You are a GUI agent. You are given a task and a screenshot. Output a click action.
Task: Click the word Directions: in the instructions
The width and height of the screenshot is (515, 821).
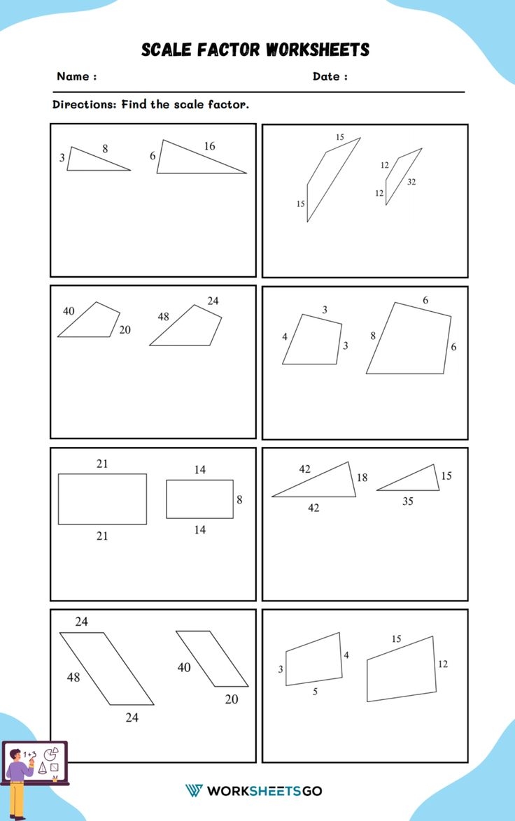pos(84,105)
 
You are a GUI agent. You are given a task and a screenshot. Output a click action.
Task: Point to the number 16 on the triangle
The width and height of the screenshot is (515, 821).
pos(209,146)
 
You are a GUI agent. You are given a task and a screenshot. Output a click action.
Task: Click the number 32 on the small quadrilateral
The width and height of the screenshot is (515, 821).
pos(411,182)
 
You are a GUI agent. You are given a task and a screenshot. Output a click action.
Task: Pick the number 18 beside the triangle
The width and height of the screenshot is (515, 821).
pos(362,478)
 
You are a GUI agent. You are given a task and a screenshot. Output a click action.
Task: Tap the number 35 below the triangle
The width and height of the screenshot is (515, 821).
pos(407,501)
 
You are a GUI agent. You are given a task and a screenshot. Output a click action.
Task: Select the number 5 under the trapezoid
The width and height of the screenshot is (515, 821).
pos(315,692)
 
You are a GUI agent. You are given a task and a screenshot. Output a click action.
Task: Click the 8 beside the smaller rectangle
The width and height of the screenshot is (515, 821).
pos(239,500)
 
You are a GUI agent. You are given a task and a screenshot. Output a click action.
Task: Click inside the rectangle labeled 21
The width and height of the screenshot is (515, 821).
pos(102,499)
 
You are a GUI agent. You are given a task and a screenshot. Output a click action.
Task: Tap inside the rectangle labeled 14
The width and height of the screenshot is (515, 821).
pos(199,499)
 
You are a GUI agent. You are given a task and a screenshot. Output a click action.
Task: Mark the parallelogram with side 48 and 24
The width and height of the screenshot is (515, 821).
pos(106,668)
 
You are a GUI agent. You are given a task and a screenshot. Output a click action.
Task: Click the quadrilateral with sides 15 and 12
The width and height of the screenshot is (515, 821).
pos(402,670)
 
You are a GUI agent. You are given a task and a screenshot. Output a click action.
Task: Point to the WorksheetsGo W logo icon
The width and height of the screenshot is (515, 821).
pos(194,791)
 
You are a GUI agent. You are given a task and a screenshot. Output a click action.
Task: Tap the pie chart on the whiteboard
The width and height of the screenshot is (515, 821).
pos(50,755)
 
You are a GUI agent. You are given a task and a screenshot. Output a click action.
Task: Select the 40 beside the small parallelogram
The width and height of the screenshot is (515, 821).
pos(184,668)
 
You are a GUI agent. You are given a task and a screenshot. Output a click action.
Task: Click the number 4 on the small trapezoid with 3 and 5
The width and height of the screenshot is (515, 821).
pos(346,655)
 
